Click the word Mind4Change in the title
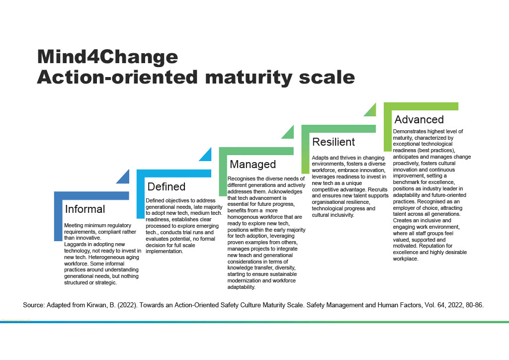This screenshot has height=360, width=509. click(x=107, y=57)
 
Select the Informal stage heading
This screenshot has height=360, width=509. click(x=85, y=209)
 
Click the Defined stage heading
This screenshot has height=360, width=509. click(x=167, y=187)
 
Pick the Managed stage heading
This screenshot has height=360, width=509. click(x=253, y=164)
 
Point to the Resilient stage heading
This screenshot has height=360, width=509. click(x=334, y=142)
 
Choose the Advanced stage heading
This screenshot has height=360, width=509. click(x=419, y=119)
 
